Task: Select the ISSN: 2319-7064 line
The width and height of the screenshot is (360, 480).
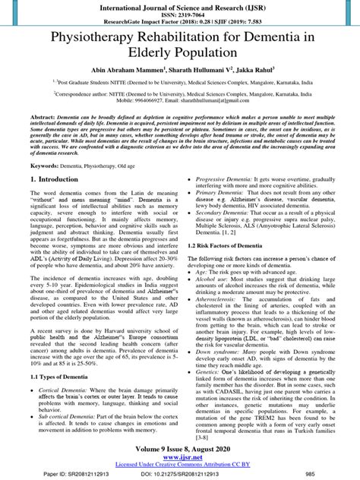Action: pos(180,15)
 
